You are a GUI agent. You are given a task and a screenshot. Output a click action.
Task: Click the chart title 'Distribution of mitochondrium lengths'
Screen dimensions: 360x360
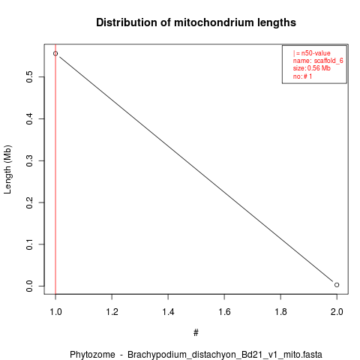click(196, 22)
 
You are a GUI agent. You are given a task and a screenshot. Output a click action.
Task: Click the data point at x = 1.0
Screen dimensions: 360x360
click(55, 53)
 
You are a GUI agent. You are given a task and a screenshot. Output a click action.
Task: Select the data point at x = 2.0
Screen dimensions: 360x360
click(337, 285)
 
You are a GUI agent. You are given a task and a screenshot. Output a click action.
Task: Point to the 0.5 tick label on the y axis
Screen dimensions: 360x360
click(29, 76)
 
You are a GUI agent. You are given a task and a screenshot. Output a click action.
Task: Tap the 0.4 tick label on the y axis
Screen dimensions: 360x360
click(29, 118)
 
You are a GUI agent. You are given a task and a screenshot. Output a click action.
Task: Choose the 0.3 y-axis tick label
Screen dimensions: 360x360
click(29, 160)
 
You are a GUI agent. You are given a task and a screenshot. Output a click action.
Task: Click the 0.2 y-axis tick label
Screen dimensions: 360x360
click(29, 202)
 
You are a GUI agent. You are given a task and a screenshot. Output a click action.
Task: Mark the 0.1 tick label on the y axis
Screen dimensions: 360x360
click(29, 244)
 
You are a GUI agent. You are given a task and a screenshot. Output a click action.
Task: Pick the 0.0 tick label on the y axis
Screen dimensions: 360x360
click(29, 286)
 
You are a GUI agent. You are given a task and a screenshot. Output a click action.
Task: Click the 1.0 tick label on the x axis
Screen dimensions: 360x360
click(55, 312)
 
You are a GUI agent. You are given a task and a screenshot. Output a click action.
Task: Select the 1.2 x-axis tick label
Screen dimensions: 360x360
click(112, 312)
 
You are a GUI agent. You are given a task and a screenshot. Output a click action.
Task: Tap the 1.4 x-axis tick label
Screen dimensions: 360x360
click(168, 312)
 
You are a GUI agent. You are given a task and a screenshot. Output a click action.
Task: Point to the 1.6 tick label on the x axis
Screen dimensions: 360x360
click(224, 312)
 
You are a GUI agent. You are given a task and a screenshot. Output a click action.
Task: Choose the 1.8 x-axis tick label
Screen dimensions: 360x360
click(280, 312)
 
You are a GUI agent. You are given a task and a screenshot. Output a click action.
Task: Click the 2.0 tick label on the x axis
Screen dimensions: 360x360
click(337, 312)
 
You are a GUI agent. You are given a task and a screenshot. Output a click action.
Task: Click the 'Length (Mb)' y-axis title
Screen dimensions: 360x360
click(7, 169)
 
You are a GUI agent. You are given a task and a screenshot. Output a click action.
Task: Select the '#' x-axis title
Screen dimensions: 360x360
click(196, 333)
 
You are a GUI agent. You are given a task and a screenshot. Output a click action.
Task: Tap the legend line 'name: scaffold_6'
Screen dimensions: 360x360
click(318, 61)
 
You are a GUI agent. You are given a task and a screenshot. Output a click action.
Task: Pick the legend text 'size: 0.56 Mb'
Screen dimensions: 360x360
click(312, 68)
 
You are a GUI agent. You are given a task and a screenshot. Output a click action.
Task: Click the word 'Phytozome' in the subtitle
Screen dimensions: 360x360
click(92, 355)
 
